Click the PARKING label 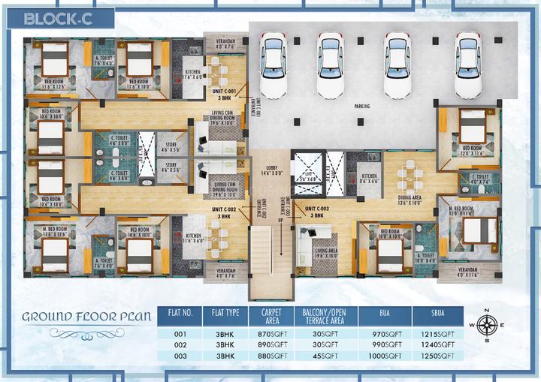click(363, 107)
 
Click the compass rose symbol click(487, 325)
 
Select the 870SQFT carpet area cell click(274, 333)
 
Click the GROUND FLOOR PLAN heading click(84, 316)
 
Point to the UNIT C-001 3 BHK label click(224, 95)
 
